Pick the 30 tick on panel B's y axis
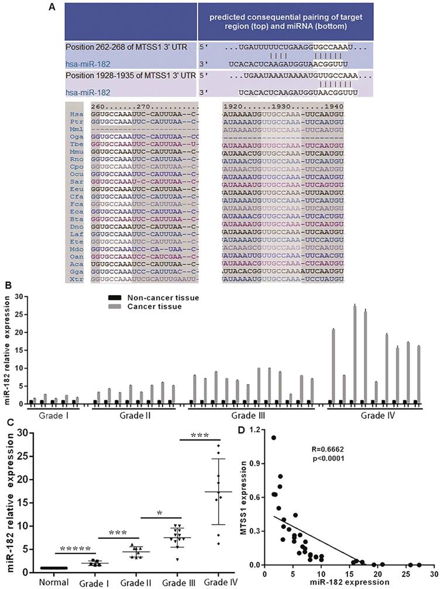pos(19,296)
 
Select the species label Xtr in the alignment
pos(73,280)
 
